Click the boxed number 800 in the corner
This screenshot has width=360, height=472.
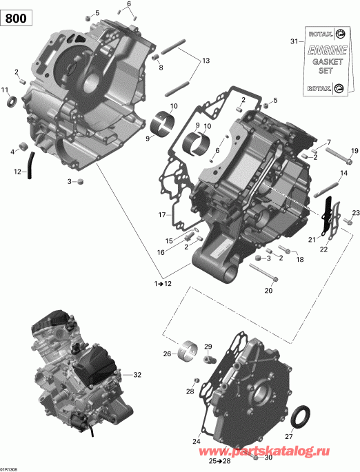(17, 19)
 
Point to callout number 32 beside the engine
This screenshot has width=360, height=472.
(137, 375)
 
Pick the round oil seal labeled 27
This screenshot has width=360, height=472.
(301, 418)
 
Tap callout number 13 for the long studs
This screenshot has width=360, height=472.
(204, 61)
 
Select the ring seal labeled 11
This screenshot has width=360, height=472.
(12, 103)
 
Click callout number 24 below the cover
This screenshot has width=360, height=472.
(197, 441)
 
